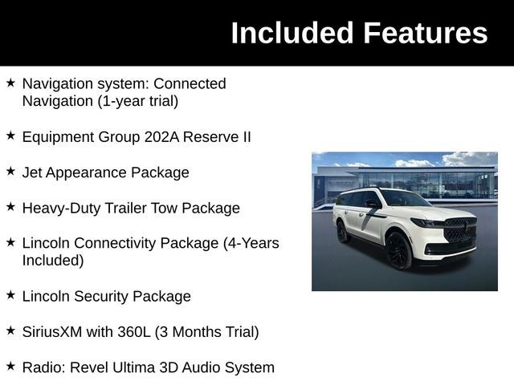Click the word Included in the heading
[292, 33]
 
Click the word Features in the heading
[425, 33]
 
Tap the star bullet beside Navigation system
[10, 83]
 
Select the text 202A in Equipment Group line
[161, 136]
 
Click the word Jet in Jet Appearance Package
[33, 172]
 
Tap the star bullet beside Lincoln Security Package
[10, 295]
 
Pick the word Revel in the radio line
[90, 367]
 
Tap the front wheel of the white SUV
[399, 249]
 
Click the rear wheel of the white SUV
[343, 231]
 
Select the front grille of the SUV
[461, 230]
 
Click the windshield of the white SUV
[404, 198]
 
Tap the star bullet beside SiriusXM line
[10, 330]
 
